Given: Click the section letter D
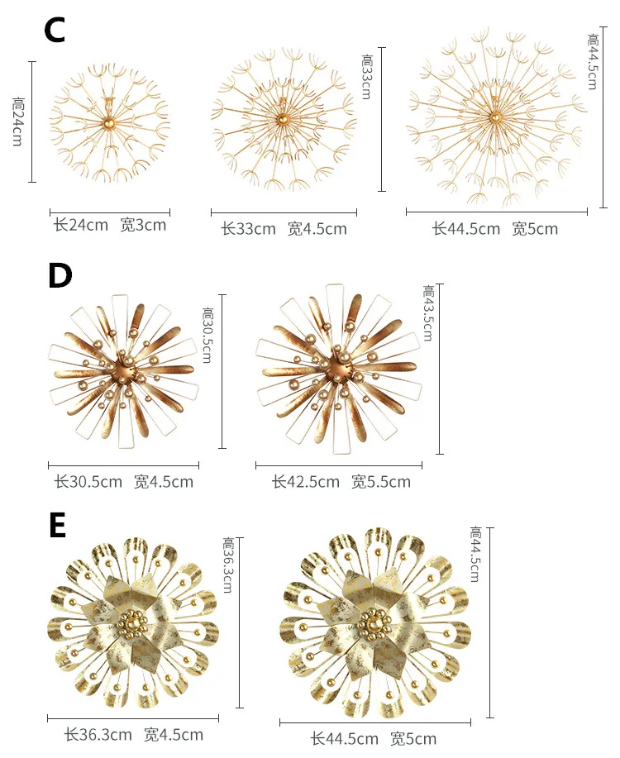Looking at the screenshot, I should tap(60, 275).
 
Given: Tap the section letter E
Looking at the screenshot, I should tap(57, 525).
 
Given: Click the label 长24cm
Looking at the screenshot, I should tap(80, 225).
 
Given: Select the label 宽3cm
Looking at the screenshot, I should tap(143, 225).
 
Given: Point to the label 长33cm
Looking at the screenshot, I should tap(248, 229).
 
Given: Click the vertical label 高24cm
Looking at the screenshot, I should tap(18, 122).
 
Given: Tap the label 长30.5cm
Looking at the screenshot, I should tap(88, 481).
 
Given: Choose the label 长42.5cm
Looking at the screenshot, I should tap(305, 481).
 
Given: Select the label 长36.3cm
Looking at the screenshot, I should tap(98, 734).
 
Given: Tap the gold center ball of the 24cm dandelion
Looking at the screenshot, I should tap(108, 124).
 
